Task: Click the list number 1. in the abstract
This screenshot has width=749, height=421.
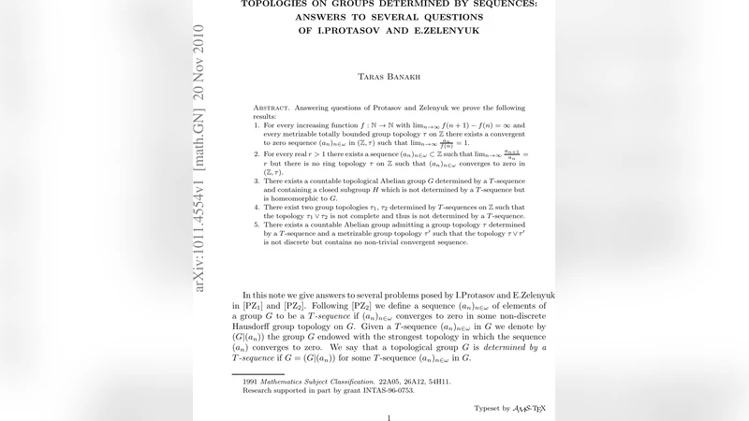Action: point(257,124)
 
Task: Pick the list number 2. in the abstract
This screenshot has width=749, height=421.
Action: point(257,152)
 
